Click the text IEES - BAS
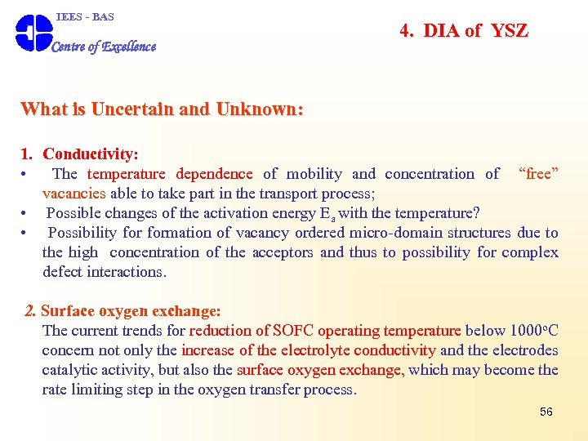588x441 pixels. (85, 16)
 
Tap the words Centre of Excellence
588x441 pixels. (104, 47)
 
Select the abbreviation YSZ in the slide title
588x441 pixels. (509, 31)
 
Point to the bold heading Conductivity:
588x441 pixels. (91, 154)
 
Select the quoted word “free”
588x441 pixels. (538, 173)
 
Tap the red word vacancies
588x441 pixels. (74, 194)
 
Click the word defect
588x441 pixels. (61, 272)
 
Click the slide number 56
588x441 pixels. (546, 412)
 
